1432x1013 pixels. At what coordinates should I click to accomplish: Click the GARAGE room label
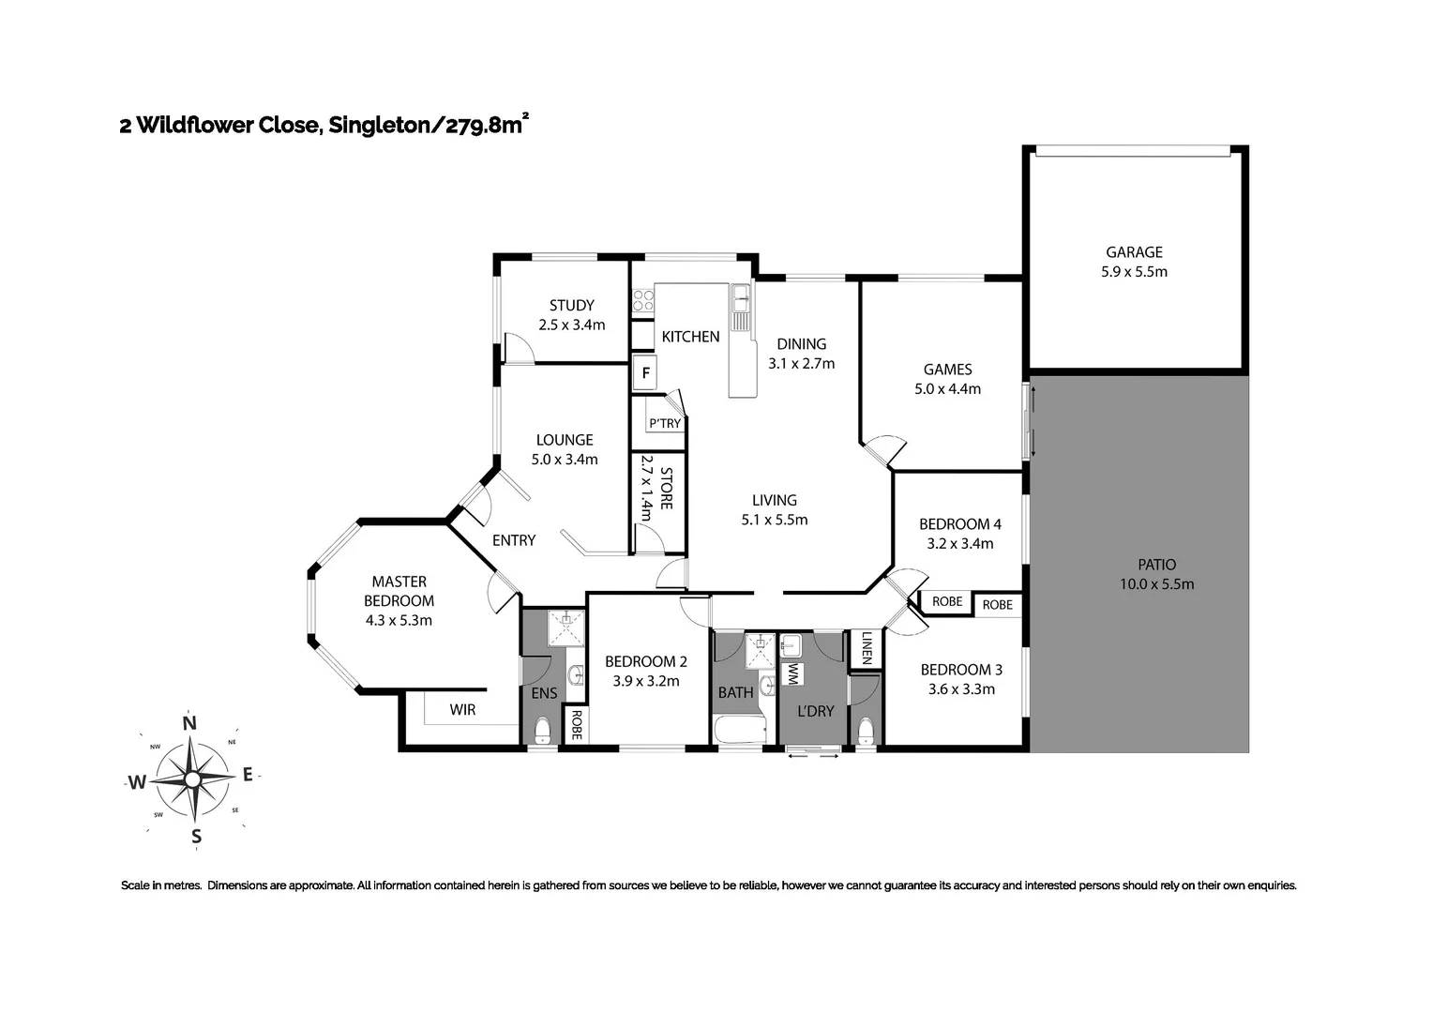(x=1134, y=251)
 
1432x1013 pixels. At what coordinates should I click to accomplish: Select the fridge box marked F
(x=645, y=373)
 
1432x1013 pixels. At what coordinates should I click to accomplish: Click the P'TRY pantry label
(x=665, y=423)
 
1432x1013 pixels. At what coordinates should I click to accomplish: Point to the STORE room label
(x=666, y=488)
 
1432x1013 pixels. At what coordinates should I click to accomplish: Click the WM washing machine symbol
(x=792, y=673)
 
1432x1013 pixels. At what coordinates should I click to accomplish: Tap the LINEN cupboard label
(x=866, y=648)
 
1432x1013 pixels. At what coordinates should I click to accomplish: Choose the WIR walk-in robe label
(x=462, y=710)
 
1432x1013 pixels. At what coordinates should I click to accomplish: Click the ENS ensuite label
(x=544, y=693)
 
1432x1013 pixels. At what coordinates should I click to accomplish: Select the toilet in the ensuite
(x=542, y=731)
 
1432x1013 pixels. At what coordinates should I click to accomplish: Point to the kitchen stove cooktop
(x=643, y=300)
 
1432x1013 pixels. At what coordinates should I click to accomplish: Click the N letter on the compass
(x=189, y=722)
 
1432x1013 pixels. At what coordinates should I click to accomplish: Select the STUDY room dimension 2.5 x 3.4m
(x=571, y=325)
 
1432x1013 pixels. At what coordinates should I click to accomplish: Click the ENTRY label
(x=514, y=540)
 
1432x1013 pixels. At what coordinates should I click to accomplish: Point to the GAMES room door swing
(x=882, y=449)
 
